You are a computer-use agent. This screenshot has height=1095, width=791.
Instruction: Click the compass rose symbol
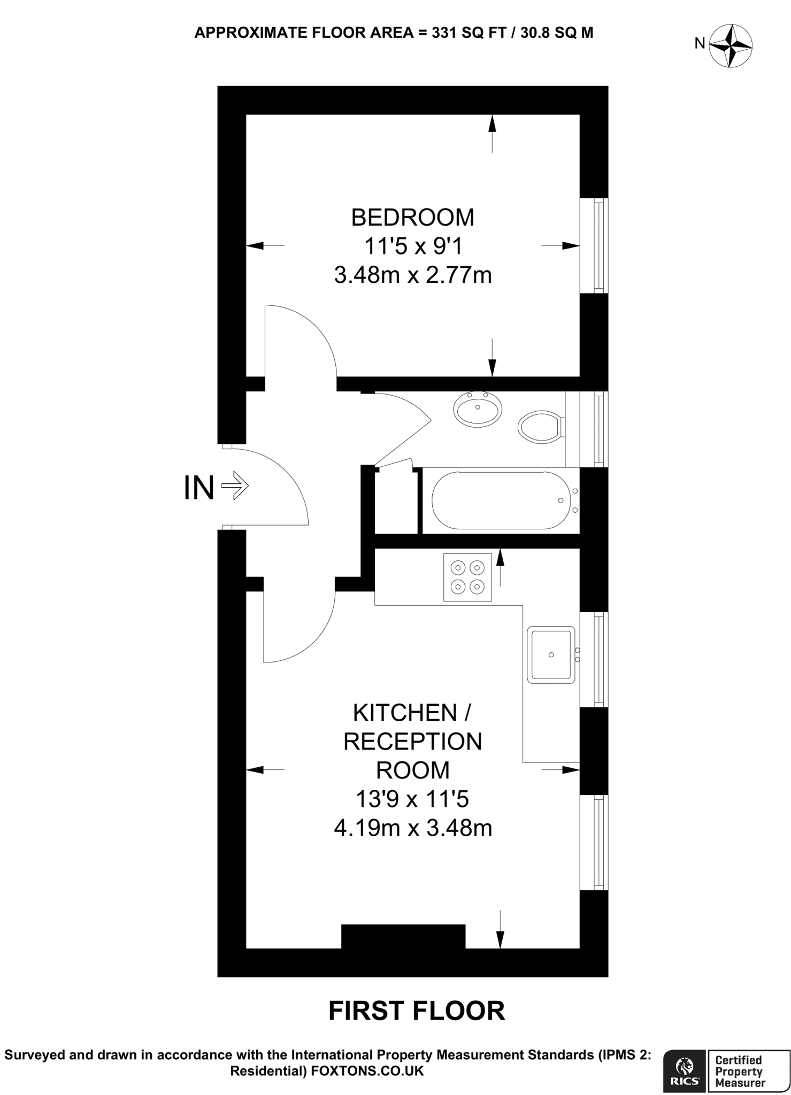[x=731, y=46]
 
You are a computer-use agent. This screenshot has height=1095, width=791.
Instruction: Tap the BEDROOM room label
[x=412, y=218]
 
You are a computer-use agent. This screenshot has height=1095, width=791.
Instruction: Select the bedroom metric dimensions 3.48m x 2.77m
[x=412, y=275]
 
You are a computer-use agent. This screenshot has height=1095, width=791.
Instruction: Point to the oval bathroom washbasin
[x=478, y=410]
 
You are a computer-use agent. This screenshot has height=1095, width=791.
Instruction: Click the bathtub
[x=502, y=500]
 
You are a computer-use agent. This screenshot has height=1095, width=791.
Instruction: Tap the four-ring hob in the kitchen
[x=467, y=577]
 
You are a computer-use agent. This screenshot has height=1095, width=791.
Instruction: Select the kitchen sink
[x=551, y=654]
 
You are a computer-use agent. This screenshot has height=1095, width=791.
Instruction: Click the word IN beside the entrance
[x=199, y=488]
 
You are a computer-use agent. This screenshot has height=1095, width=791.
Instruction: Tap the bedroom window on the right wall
[x=594, y=245]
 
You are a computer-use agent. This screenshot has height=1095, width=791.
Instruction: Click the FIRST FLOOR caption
[x=417, y=1011]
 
